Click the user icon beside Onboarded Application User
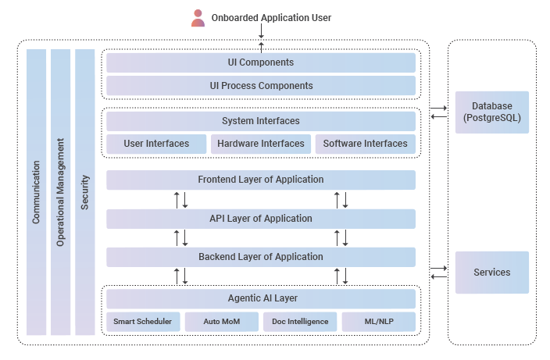point(198,18)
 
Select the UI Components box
point(261,62)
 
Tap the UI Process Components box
point(261,86)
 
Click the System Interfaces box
point(261,121)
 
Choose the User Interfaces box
point(156,144)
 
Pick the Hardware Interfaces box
point(261,144)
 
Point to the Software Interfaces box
point(365,144)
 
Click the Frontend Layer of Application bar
point(261,180)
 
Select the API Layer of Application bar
point(261,219)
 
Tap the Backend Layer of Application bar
point(261,257)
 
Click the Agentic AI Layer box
point(261,298)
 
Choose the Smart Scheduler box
point(143,322)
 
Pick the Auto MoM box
point(222,322)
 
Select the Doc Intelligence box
point(300,322)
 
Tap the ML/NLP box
point(379,322)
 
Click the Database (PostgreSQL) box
point(492,112)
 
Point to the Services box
point(492,273)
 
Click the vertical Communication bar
point(36,192)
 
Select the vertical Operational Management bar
point(60,192)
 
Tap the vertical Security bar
point(85,192)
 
